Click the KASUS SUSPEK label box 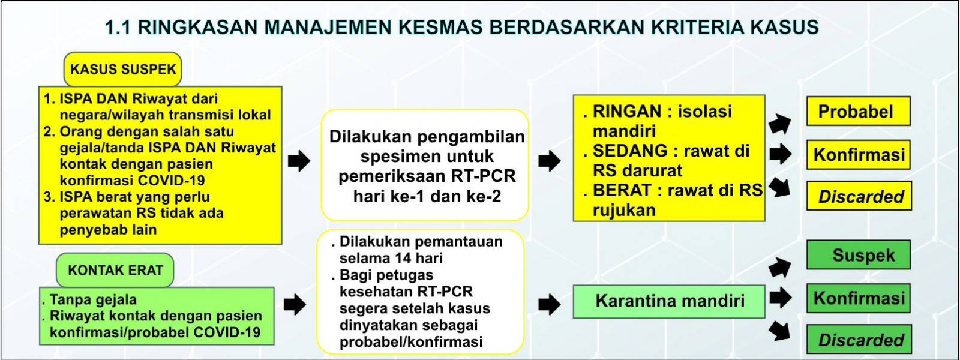click(122, 70)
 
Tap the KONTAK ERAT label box click(115, 270)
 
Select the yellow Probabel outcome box click(859, 112)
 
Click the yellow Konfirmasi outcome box click(859, 155)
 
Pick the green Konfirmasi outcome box click(859, 298)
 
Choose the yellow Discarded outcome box click(859, 196)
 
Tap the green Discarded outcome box click(859, 340)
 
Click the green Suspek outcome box click(859, 255)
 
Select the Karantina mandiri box click(669, 301)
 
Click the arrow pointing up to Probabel click(779, 124)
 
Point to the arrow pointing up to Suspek click(779, 268)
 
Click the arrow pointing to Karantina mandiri click(550, 304)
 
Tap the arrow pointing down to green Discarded click(779, 331)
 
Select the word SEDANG click(630, 151)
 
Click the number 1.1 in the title click(117, 28)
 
